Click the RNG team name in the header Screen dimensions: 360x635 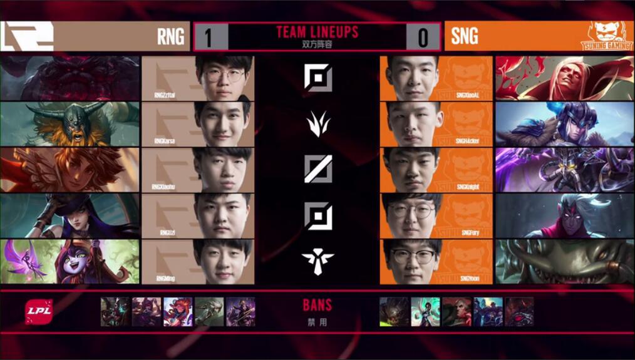pyautogui.click(x=170, y=36)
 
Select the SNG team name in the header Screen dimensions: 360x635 pyautogui.click(x=464, y=36)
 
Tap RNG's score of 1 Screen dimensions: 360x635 pyautogui.click(x=207, y=38)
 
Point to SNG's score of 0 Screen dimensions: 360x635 pyautogui.click(x=423, y=38)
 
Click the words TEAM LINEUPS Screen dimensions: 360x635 pyautogui.click(x=317, y=32)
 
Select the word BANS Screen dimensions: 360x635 pyautogui.click(x=317, y=306)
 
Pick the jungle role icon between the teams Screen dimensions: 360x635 pyautogui.click(x=317, y=123)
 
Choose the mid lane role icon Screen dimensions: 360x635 pyautogui.click(x=317, y=169)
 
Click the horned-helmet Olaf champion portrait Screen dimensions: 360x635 pyautogui.click(x=70, y=123)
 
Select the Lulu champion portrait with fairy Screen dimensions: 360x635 pyautogui.click(x=70, y=261)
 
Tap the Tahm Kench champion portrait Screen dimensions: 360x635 pyautogui.click(x=564, y=261)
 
